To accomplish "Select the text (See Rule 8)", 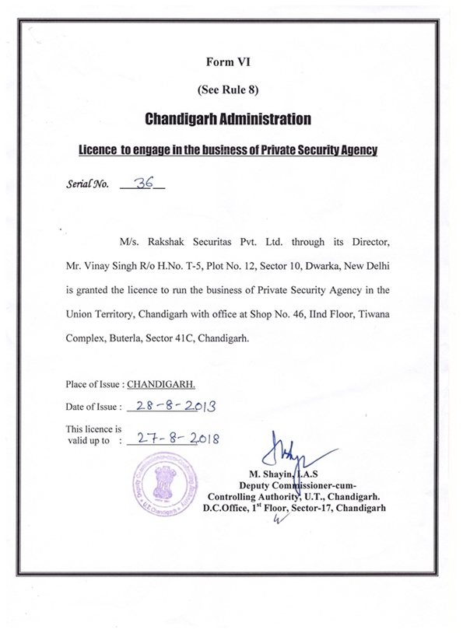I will pos(228,90).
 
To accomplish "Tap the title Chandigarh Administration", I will pos(228,120).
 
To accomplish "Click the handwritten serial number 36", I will pos(143,184).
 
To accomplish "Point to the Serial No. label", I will pos(87,187).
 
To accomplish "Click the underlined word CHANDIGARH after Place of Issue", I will pos(161,384).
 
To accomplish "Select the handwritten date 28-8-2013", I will pos(174,406).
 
